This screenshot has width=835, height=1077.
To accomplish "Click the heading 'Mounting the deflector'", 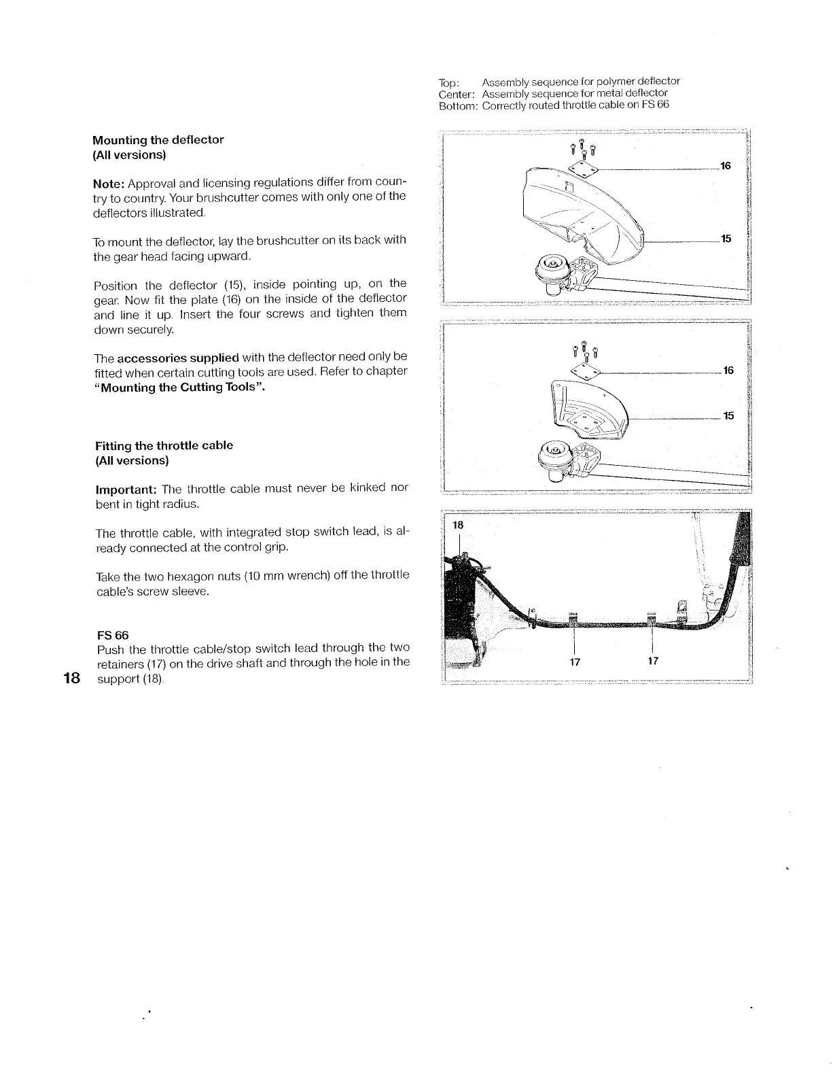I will pos(158,140).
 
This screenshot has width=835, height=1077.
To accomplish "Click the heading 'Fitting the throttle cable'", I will pos(164,445).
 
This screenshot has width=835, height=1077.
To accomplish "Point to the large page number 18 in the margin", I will pos(72,678).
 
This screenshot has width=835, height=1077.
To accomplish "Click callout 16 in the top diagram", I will pos(725,166).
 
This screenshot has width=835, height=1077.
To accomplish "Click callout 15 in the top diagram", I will pos(726,239).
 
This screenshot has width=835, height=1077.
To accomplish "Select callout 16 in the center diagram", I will pos(728,371).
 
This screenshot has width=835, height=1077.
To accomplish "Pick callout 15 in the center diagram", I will pos(728,415).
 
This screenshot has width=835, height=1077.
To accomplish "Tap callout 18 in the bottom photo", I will pos(457,526).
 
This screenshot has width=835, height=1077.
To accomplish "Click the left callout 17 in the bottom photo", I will pos(575,661).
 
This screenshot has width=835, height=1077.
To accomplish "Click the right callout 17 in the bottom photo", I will pos(652,661).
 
